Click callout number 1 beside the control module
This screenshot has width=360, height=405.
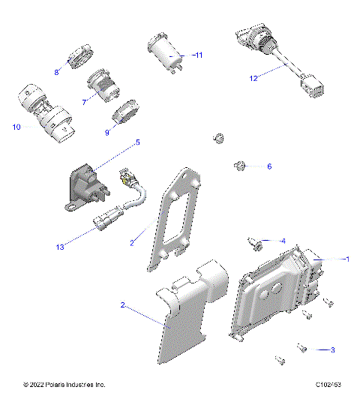[346, 259]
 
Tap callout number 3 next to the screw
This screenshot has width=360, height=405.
[332, 349]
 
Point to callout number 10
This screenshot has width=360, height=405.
[16, 127]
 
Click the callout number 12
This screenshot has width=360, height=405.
[254, 77]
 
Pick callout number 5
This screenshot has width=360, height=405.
[137, 142]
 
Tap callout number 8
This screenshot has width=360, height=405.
[56, 72]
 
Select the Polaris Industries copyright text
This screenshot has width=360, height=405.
[64, 385]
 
